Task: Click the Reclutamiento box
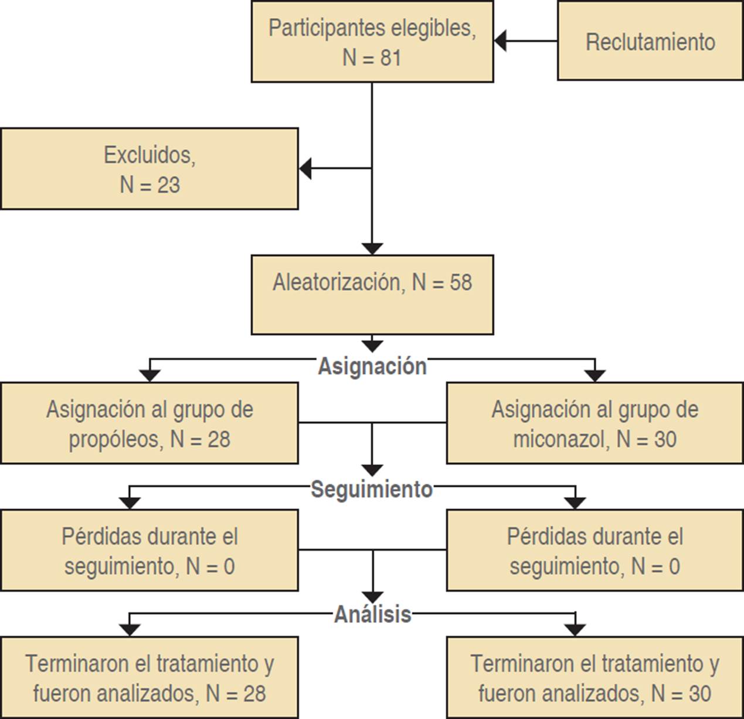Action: tap(650, 42)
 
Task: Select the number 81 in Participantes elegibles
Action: tap(390, 58)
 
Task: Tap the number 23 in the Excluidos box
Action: tap(168, 185)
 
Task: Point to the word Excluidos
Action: tap(150, 155)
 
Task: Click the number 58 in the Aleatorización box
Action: tap(461, 282)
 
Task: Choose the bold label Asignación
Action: tap(372, 366)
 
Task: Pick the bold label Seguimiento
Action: tap(372, 489)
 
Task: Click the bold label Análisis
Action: tap(373, 614)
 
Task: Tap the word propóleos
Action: tap(115, 439)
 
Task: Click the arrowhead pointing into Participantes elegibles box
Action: tap(500, 41)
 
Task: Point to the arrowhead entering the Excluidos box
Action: tap(305, 168)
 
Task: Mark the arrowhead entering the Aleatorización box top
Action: tap(372, 248)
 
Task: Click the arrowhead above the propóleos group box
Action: tap(150, 376)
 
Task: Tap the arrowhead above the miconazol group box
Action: tap(595, 376)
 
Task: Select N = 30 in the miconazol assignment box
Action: tap(646, 439)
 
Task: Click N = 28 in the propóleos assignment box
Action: tap(200, 439)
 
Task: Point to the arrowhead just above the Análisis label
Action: tap(373, 597)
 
